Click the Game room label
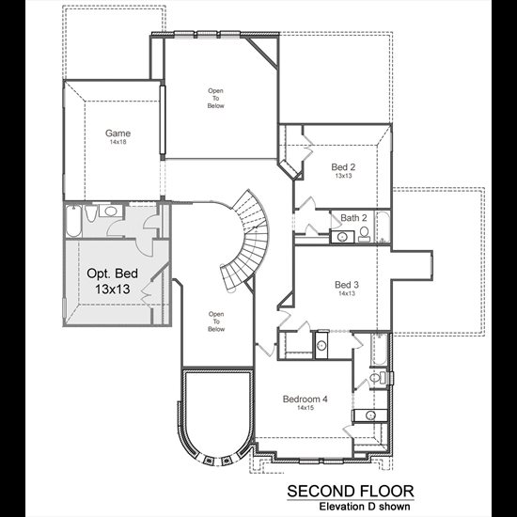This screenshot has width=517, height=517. pos(117,133)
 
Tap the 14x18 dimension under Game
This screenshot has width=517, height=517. pos(118,142)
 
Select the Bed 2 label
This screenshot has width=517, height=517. pos(343,166)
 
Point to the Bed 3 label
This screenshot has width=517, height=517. pos(347,285)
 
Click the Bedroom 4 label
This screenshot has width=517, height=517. pos(305,399)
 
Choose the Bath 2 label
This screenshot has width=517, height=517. pos(353,218)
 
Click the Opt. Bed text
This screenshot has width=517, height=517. pos(113,274)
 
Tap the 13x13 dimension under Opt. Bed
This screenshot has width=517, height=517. pos(113,290)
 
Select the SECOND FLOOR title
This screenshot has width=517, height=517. pos(351,492)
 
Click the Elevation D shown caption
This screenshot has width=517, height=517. pos(365,506)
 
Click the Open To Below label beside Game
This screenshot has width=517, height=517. pos(215,99)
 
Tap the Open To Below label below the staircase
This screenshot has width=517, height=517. pos(216,321)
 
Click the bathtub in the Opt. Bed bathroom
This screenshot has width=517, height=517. pos(73,221)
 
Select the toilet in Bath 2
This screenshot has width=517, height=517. pos(364,234)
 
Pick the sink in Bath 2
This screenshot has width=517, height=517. pos(343,237)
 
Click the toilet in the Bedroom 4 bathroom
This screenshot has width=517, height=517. pos(378,377)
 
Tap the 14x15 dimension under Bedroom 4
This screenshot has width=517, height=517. pos(305,408)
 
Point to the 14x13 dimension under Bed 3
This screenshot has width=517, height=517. pos(347,293)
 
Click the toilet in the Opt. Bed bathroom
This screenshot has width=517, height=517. pos(90,212)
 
